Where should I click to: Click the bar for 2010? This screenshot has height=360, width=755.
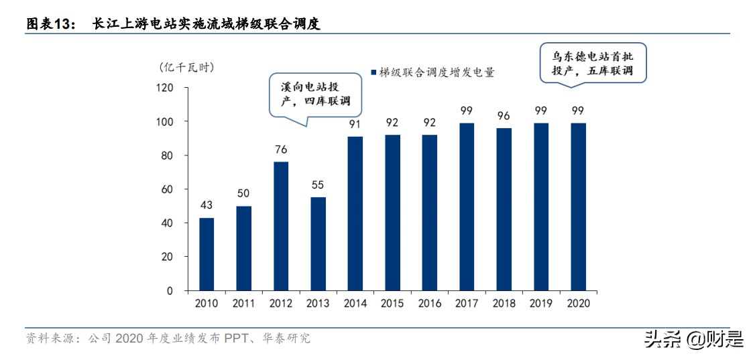tap(207, 254)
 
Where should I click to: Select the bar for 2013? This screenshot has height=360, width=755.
tap(318, 244)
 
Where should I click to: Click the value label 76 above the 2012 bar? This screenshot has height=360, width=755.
tap(282, 149)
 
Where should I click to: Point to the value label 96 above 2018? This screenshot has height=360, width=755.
tap(504, 115)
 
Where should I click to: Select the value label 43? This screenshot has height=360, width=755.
tap(207, 205)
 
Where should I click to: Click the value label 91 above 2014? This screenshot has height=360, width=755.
tap(355, 124)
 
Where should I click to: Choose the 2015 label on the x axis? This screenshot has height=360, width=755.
tap(392, 304)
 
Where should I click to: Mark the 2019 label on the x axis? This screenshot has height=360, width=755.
tap(540, 304)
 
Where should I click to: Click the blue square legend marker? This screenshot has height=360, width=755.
tap(373, 71)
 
